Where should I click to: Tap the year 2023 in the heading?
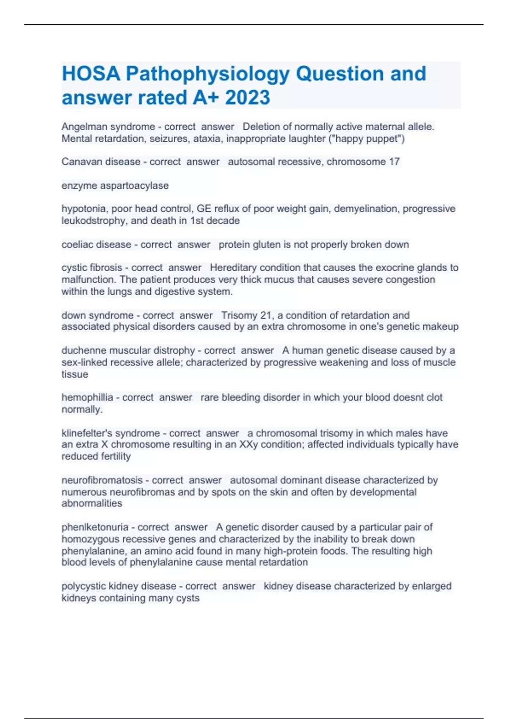point(247,98)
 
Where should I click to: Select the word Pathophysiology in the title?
point(207,74)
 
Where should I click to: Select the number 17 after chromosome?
point(394,162)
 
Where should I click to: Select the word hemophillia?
point(87,398)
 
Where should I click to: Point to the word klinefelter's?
point(87,433)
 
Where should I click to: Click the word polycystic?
point(84,586)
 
